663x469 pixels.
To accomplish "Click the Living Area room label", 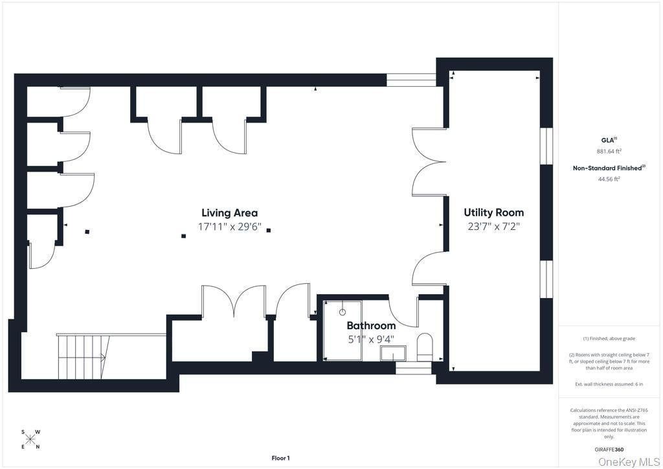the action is coord(230,212).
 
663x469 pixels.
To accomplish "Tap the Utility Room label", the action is coord(493,212).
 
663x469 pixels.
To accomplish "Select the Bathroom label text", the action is coord(371,326).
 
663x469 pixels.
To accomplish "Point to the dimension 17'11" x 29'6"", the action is coord(230,227).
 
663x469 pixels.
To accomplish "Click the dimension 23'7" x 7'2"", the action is coord(493,226).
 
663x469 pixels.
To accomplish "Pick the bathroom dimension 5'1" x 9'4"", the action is coord(371,339).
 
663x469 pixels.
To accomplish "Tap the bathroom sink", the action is coord(393,353).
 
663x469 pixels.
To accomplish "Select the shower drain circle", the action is coord(343,312).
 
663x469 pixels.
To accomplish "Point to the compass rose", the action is coord(30,439).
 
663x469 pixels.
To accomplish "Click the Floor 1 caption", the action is coord(280,458).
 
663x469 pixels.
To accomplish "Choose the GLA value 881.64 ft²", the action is coord(609,151).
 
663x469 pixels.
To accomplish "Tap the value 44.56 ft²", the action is coord(609,179).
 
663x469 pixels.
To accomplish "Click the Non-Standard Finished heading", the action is coord(609,168).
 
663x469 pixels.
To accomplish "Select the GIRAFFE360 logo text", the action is coord(609,450).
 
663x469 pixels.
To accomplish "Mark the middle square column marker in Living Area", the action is coord(183,236).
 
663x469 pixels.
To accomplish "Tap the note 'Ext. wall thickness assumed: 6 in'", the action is coord(609,384).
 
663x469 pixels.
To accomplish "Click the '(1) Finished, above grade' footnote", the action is coord(609,339).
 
